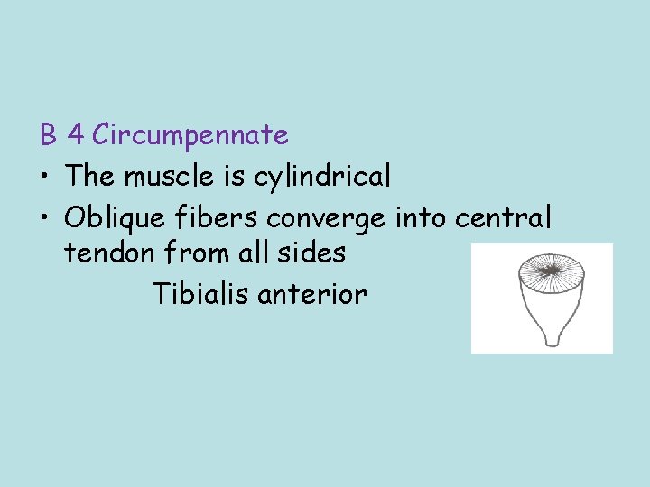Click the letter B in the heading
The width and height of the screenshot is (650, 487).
click(x=48, y=135)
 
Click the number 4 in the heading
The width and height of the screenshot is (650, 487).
click(x=77, y=135)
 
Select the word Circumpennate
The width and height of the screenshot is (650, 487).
click(x=190, y=135)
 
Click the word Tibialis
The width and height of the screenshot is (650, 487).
click(x=200, y=293)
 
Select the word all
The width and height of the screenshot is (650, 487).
click(x=259, y=253)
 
